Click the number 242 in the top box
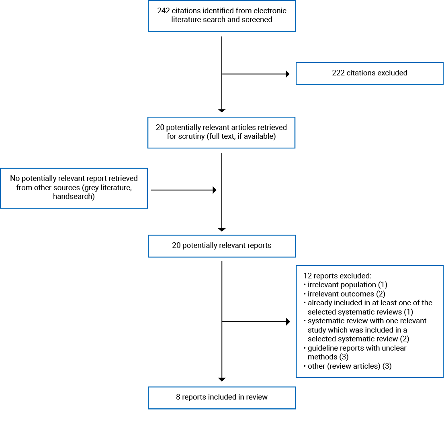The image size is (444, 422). pos(164,11)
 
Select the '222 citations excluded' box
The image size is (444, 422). pos(369,73)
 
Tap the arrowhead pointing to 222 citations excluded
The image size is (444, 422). pos(287,74)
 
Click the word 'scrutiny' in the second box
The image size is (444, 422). pos(182,136)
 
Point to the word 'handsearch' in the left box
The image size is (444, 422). pos(74,197)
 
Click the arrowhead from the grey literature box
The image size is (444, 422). pos(215,190)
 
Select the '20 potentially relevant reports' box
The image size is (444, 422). pos(221,246)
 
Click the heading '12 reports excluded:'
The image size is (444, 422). pos(338,276)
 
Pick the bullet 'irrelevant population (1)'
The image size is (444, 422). pos(347,285)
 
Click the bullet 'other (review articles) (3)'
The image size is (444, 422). pos(349,366)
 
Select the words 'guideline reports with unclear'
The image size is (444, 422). pos(356,348)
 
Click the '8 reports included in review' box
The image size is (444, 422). pos(221,398)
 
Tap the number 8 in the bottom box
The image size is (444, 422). pos(178,397)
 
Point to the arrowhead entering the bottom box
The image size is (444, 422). pos(222,379)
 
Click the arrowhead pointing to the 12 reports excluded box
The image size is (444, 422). pos(287,322)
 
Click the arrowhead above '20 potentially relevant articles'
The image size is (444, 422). pos(222,110)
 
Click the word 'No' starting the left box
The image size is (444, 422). pos(15,179)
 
